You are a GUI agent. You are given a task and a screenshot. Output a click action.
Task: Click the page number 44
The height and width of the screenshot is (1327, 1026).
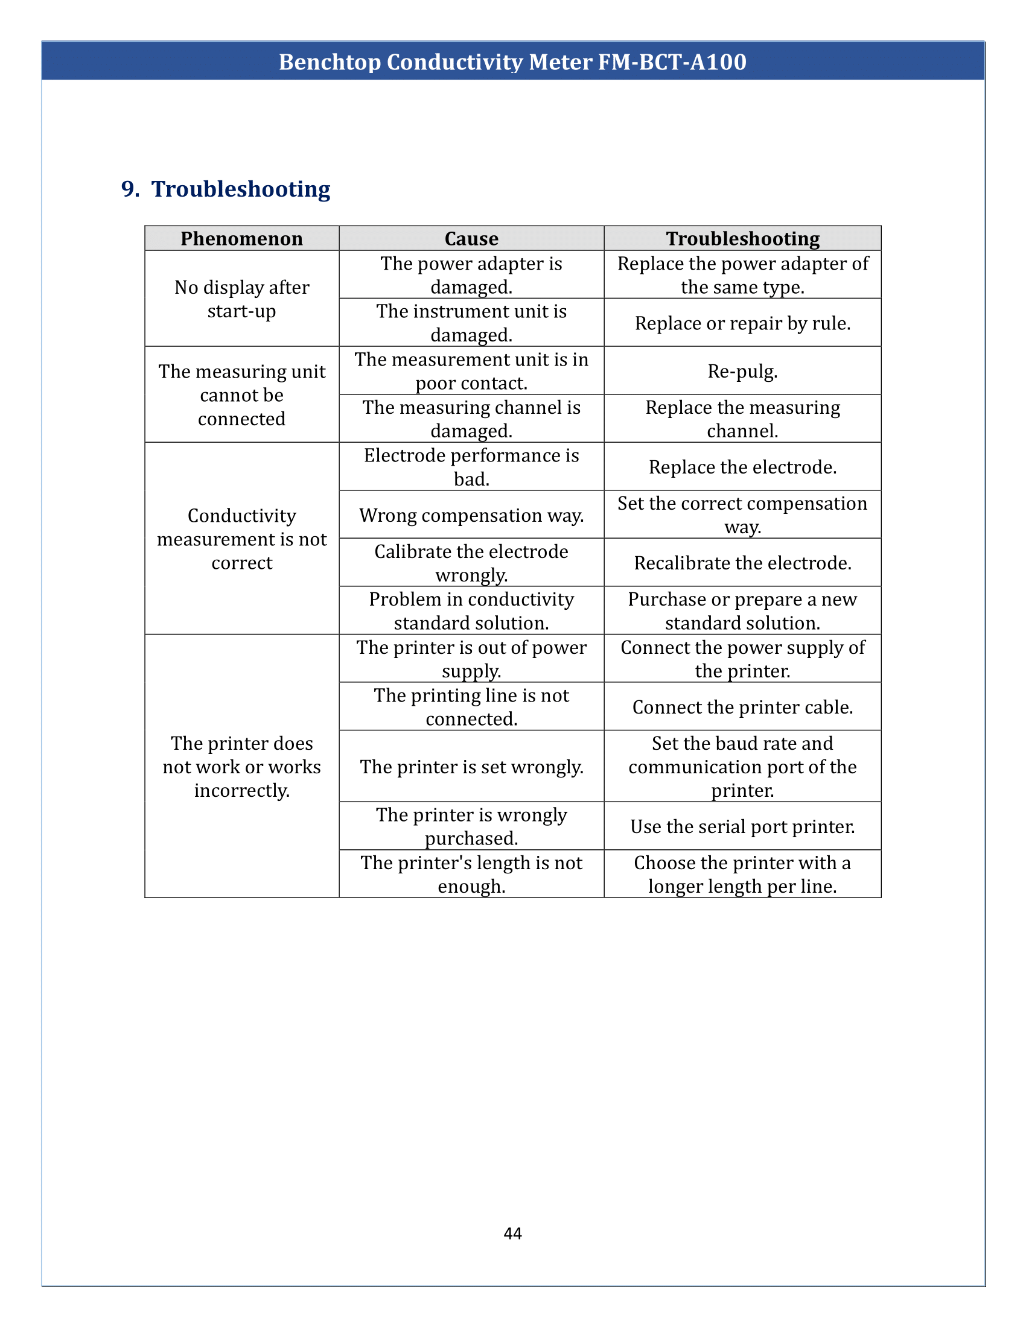point(512,1233)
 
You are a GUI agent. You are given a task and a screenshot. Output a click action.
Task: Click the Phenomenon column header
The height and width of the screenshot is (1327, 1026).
point(241,239)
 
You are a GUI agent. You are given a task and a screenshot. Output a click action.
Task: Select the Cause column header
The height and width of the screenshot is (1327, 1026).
point(471,239)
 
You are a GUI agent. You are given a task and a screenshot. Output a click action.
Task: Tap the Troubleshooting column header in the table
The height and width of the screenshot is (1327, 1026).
point(742,239)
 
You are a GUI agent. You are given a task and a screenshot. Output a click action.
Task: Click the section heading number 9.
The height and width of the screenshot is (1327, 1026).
point(130,189)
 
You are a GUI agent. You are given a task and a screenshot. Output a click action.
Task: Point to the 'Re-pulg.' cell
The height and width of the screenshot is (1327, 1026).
point(742,371)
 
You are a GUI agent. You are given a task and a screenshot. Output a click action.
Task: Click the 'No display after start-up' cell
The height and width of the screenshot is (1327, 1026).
point(241,299)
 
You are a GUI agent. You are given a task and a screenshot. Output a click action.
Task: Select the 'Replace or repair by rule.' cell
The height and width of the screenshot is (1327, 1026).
point(742,323)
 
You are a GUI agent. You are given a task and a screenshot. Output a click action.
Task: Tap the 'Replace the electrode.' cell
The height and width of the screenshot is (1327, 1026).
point(742,467)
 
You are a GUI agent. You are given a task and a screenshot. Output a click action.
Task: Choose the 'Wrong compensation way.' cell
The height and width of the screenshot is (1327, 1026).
point(471,515)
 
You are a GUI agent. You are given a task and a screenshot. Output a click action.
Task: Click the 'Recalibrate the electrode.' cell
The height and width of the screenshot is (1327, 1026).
point(742,563)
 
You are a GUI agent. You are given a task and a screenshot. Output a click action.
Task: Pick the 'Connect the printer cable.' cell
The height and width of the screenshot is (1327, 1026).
point(742,708)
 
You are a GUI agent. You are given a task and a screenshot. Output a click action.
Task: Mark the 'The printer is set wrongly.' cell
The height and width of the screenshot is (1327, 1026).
point(471,767)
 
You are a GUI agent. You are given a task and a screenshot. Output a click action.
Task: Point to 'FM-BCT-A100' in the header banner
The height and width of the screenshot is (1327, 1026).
point(672,62)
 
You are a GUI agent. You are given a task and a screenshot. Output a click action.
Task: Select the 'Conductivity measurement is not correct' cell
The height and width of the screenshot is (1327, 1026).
point(241,539)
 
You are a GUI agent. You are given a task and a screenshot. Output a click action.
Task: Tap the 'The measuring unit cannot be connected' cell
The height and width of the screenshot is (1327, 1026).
point(241,395)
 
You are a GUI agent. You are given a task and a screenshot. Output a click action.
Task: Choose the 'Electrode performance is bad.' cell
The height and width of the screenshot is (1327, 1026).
point(471,467)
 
